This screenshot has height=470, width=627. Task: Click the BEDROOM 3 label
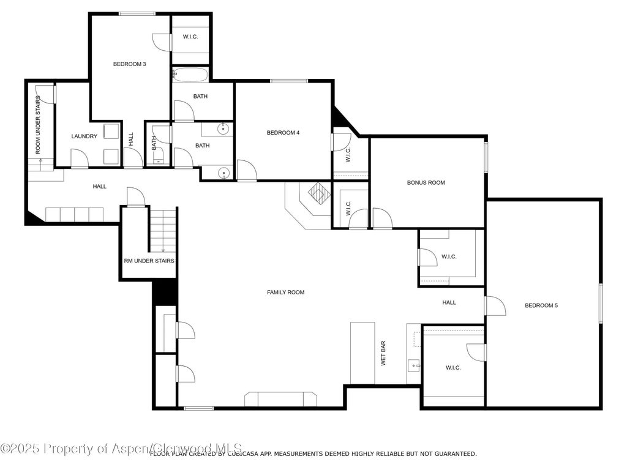pos(129,64)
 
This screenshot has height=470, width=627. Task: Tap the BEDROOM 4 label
pos(283,133)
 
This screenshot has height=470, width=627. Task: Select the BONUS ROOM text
pos(426,182)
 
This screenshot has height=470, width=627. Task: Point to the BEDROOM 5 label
pos(541,305)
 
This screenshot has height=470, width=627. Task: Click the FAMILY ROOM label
pos(285,293)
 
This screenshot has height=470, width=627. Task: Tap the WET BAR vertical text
pos(384,354)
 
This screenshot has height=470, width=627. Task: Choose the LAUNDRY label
pos(84,136)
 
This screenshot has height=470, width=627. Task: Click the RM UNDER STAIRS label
pos(149,261)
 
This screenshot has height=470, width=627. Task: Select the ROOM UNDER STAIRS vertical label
pos(38,124)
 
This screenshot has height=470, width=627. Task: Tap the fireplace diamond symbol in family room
pos(318,194)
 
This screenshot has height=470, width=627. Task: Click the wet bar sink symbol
pos(415,366)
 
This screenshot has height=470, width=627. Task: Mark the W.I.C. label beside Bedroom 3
pos(190,37)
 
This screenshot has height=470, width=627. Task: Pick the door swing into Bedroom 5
pos(495,305)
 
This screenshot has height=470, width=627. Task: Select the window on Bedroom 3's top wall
pos(137,13)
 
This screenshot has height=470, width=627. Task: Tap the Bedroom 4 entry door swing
pos(246,170)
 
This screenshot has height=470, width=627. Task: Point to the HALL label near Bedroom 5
pos(449,302)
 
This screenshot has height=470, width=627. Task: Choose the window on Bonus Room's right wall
pos(486,156)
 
